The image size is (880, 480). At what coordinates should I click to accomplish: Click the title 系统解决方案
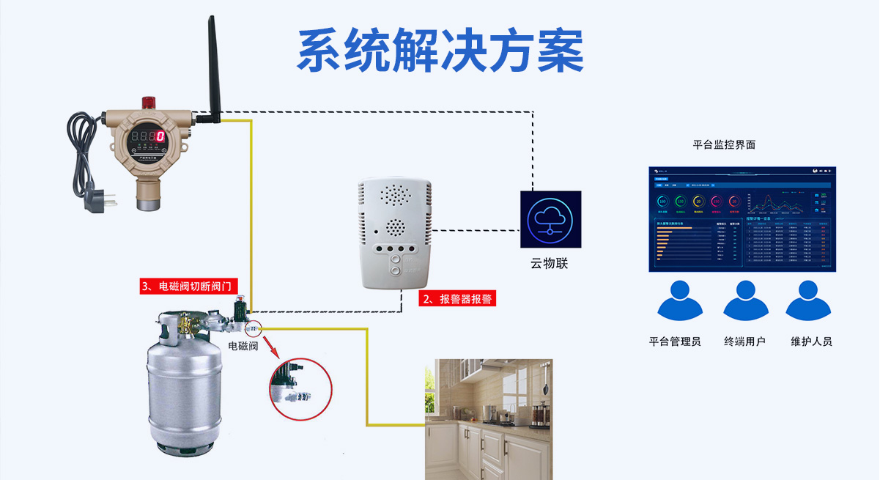tap(440, 50)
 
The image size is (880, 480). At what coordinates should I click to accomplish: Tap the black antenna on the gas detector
tap(213, 66)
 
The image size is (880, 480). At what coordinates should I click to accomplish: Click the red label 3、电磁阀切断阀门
tap(189, 286)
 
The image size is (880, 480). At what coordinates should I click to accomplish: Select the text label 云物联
tap(550, 263)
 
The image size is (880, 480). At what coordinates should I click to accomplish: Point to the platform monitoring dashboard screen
tap(742, 218)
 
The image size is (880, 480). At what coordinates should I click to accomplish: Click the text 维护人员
tap(811, 341)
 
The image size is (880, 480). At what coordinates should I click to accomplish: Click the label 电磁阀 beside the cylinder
tap(243, 345)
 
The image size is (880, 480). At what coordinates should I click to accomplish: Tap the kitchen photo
tap(488, 419)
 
